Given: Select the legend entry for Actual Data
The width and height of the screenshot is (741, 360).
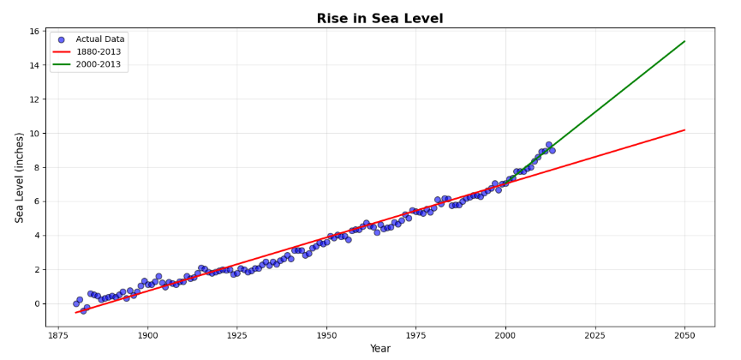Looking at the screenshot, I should pos(100,39).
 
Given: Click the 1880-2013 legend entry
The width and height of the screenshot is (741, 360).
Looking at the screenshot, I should pos(100,51).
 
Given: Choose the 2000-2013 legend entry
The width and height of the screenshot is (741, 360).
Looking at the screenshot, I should pos(100,64).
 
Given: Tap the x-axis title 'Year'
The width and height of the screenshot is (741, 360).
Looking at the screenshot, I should pos(379,349).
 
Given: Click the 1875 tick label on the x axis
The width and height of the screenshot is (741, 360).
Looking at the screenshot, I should pos(58,333).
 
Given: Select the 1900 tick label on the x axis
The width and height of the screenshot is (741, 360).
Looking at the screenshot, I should pos(147,333).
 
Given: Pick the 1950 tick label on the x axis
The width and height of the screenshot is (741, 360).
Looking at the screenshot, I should pos(326,333).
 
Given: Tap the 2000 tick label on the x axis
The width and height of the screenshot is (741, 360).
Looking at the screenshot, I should pos(505,333).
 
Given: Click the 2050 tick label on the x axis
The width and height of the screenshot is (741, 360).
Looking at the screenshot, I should pos(684,333).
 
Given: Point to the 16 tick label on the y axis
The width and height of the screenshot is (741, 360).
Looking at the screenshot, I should pos(35,32).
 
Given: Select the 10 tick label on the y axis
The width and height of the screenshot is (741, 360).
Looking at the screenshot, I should pos(35,134).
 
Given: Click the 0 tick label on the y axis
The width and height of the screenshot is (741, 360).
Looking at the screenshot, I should pos(38,303).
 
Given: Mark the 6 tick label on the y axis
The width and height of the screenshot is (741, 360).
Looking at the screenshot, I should pos(38,201).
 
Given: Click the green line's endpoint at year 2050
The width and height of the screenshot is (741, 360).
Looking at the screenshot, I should pos(684,41).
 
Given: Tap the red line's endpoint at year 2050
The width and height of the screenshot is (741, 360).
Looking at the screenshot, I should pos(684,130).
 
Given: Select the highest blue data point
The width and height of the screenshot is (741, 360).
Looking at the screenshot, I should pos(548,145).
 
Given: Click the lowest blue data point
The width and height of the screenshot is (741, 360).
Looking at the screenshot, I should pos(83,311).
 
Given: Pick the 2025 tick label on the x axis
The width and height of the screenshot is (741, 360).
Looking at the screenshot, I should pos(595,333).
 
